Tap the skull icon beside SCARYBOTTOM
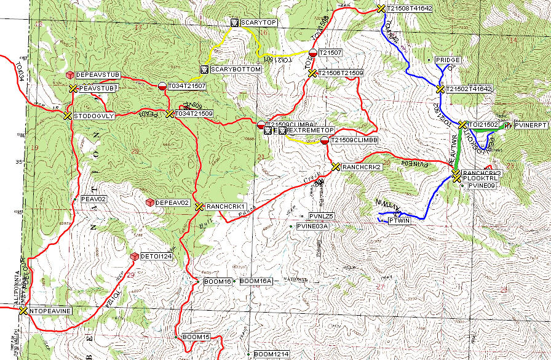205,70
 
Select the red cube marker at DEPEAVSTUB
70,74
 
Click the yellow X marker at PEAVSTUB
73,89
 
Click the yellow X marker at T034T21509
170,114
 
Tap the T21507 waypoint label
330,54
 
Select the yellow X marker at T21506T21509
312,73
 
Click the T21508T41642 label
410,9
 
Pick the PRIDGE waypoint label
448,60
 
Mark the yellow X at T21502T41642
440,89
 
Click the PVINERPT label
530,125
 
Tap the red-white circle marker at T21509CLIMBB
324,140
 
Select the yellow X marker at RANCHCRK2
335,167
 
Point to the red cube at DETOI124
134,256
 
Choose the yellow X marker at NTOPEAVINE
23,311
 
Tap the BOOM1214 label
271,354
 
